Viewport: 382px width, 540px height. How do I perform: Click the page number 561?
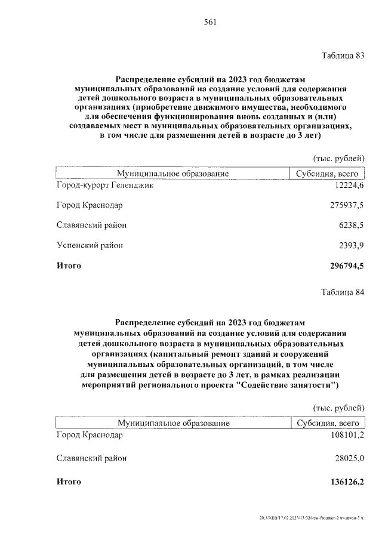click(x=209, y=23)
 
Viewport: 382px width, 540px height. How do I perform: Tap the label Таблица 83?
click(x=342, y=57)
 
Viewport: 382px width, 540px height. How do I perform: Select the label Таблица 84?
click(x=342, y=292)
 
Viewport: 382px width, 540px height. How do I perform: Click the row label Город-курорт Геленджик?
click(x=106, y=186)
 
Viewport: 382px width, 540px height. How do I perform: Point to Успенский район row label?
click(x=90, y=245)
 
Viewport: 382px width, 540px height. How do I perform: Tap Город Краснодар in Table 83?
click(x=90, y=205)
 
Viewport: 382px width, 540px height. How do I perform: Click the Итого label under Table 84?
click(x=69, y=482)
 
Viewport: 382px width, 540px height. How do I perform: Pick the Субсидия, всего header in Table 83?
click(x=326, y=173)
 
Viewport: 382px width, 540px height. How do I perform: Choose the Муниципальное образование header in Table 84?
click(x=174, y=422)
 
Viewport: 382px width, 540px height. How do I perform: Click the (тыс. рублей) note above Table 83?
click(x=338, y=158)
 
